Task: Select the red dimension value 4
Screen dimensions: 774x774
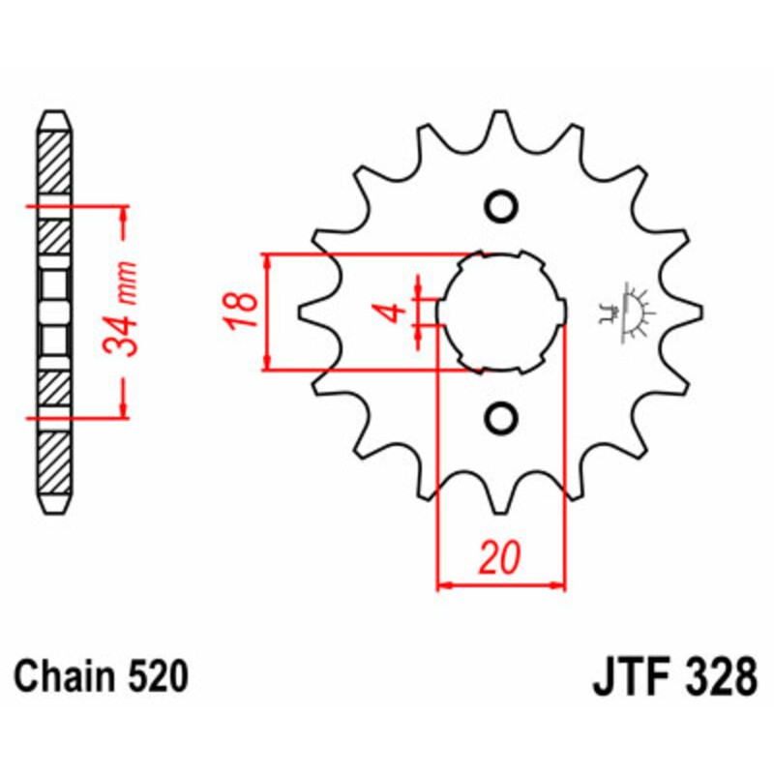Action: (391, 312)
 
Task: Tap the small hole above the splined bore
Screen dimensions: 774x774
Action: (501, 205)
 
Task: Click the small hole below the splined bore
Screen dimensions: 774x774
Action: (501, 418)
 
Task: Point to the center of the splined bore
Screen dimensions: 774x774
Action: (501, 312)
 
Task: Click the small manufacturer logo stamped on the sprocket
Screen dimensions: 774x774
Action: (627, 312)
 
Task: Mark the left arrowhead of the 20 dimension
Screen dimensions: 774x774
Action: (444, 584)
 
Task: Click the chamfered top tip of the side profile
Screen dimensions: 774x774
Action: (54, 117)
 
